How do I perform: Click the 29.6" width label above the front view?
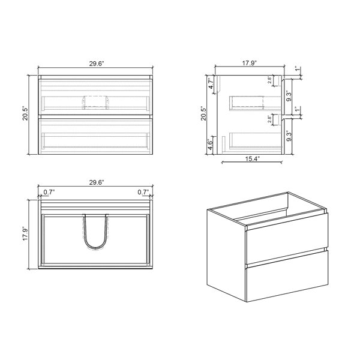pos(97,64)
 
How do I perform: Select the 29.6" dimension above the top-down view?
pos(97,182)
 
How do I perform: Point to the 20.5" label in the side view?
pos(203,113)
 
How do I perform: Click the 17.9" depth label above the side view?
pos(250,62)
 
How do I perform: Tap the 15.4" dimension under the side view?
pos(252,158)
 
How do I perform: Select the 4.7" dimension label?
pos(211,83)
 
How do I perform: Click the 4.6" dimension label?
pos(211,145)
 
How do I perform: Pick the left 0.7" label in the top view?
pos(49,192)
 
